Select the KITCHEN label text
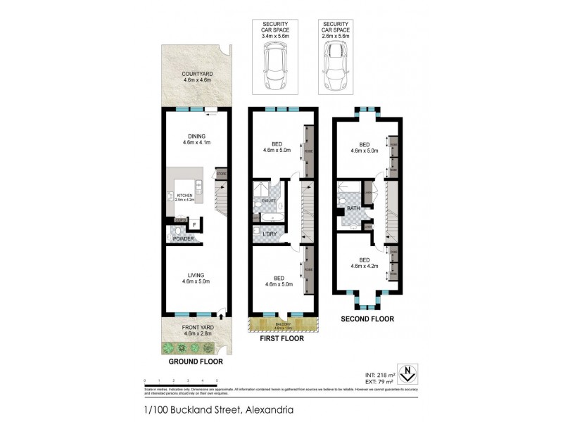(x=184, y=195)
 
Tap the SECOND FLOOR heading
(x=367, y=319)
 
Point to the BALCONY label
(x=283, y=324)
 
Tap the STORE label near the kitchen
(x=221, y=173)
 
